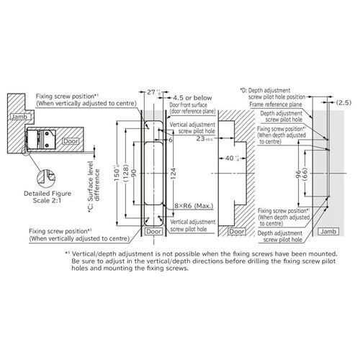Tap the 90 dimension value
(x=133, y=172)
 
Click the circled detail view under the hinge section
(x=48, y=175)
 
